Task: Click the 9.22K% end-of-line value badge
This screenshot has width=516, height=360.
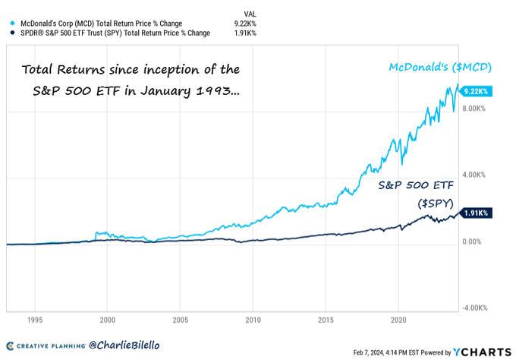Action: click(x=477, y=91)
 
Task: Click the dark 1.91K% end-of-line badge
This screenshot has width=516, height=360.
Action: click(x=477, y=214)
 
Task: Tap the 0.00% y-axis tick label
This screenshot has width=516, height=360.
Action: click(x=471, y=242)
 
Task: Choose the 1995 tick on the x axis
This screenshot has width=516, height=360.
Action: click(x=35, y=321)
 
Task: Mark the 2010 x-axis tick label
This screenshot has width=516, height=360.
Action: click(x=253, y=321)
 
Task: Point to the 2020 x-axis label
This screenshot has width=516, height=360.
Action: click(x=398, y=321)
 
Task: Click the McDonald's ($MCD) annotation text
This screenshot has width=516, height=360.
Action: click(x=440, y=68)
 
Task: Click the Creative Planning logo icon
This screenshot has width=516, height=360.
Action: click(x=11, y=345)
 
